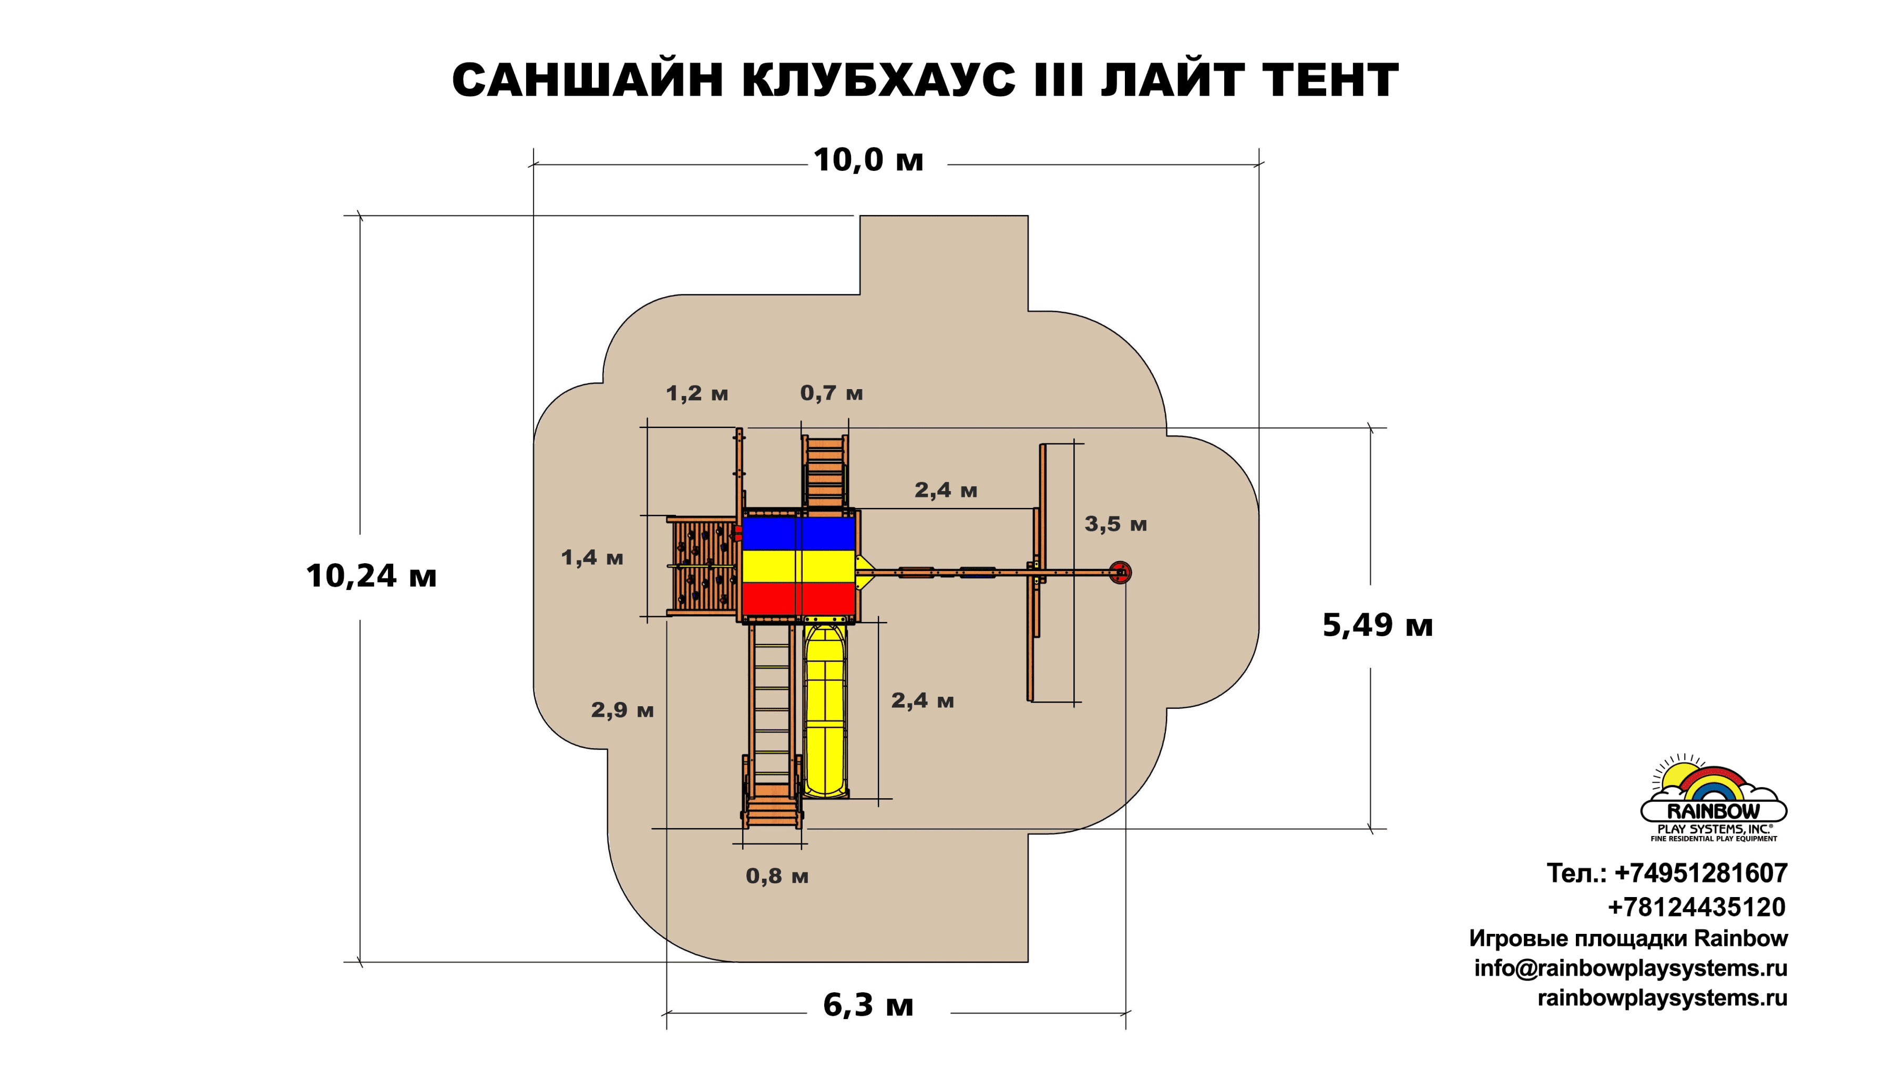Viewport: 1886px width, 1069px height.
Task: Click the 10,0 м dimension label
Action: click(868, 160)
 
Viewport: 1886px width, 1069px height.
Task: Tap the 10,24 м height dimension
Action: click(371, 576)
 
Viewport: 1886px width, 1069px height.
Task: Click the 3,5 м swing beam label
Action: click(1115, 524)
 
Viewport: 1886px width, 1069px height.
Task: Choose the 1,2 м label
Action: click(696, 393)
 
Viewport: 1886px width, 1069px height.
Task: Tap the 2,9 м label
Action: click(622, 710)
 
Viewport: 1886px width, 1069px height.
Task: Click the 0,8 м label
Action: click(776, 876)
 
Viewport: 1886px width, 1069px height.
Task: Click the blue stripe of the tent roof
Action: click(798, 533)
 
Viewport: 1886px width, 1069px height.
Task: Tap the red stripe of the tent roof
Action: click(798, 599)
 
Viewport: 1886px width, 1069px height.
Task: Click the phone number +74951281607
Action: click(1701, 873)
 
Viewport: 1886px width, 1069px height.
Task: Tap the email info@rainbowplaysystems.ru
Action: click(1631, 969)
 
